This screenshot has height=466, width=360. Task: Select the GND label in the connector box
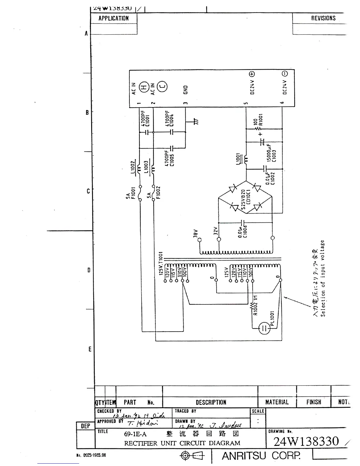pyautogui.click(x=186, y=90)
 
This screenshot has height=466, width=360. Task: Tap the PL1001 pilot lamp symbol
pyautogui.click(x=264, y=328)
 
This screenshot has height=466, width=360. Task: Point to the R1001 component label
pyautogui.click(x=261, y=120)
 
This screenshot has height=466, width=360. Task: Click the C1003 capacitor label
pyautogui.click(x=274, y=156)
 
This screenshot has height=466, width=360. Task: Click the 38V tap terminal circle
pyautogui.click(x=200, y=240)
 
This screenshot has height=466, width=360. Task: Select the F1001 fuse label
pyautogui.click(x=133, y=193)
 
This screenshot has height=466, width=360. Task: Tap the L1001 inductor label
pyautogui.click(x=238, y=159)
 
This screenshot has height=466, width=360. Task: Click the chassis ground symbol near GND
pyautogui.click(x=196, y=121)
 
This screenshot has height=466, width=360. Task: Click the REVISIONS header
pyautogui.click(x=323, y=18)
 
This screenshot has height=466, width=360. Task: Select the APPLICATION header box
pyautogui.click(x=114, y=18)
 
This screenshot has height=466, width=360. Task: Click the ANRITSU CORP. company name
pyautogui.click(x=261, y=456)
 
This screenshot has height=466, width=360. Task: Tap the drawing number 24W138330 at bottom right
pyautogui.click(x=306, y=441)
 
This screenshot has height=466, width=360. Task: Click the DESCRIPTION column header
pyautogui.click(x=211, y=402)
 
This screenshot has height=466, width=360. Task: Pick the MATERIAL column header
pyautogui.click(x=277, y=402)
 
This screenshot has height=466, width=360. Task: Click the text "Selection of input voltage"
pyautogui.click(x=323, y=278)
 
